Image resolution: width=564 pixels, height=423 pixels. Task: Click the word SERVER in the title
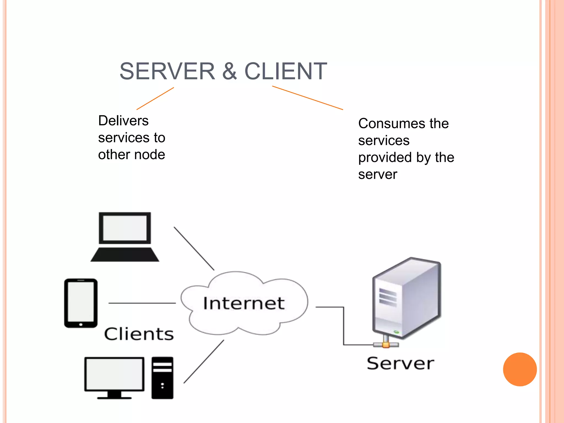167,71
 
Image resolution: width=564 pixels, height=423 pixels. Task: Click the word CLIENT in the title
286,71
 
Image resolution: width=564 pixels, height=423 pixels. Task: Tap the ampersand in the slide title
229,71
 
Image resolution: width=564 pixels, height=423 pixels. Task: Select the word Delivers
123,121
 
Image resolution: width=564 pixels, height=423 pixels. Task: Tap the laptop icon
125,237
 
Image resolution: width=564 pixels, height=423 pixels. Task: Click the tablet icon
81,303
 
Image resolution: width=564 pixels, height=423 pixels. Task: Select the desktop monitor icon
114,377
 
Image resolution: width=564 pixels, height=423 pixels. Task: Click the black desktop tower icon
162,378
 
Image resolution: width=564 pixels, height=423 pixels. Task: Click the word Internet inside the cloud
243,303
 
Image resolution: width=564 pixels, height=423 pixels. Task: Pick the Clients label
139,334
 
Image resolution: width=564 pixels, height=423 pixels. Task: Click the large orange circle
520,369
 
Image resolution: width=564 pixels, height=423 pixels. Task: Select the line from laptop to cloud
194,248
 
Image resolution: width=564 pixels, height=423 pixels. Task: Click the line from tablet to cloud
142,303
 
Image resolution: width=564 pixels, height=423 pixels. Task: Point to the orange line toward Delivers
155,99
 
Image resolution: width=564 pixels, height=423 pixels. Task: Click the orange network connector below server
386,345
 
